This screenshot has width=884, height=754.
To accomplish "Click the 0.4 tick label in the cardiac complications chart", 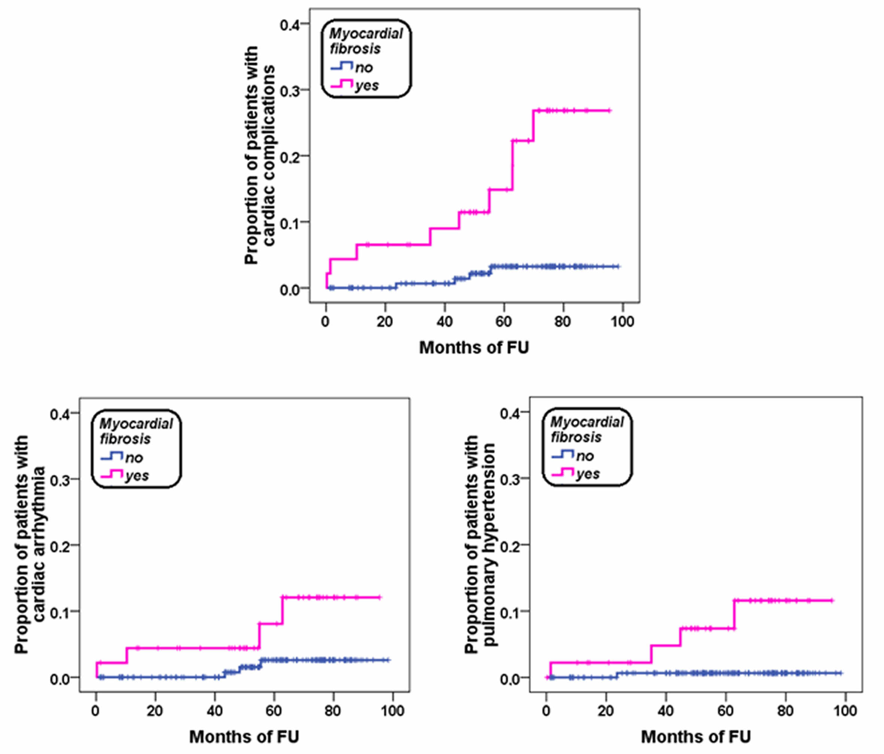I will coord(290,24).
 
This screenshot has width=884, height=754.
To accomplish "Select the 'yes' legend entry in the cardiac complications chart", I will coord(366,86).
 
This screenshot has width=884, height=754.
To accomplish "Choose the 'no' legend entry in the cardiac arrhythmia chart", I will coord(134,458).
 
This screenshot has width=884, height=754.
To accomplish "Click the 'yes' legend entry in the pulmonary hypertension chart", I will coord(588,474).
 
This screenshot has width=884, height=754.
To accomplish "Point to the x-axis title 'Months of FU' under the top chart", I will coord(473,348).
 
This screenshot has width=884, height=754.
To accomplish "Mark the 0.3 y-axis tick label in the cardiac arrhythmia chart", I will coord(60,480).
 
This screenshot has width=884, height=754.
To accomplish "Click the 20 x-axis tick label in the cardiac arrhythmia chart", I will coord(155,711).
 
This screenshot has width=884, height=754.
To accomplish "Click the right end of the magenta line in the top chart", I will coord(610,110).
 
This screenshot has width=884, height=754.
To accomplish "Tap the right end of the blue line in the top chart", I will coord(619,266).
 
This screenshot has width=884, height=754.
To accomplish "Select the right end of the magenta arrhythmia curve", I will coord(380,598).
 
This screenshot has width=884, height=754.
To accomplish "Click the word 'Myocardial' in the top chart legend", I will coord(366,34).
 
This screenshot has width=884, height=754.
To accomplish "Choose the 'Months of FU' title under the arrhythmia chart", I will coord(244,736).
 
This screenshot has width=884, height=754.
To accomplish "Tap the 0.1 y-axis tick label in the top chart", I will coord(290,222).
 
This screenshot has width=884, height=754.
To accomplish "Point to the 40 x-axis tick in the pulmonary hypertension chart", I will coord(665,711).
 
